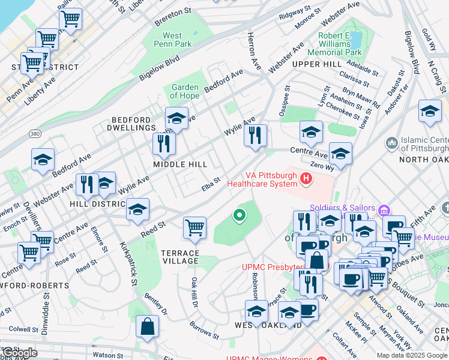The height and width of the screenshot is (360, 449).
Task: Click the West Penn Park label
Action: (172, 40)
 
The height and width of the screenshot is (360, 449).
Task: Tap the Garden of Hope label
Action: (184, 91)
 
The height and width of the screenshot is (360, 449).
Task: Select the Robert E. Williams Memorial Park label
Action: (340, 44)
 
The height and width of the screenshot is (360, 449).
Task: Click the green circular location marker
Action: (240, 214)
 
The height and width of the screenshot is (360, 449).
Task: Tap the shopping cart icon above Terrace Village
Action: (194, 228)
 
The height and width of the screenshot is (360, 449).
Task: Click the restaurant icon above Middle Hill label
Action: (163, 143)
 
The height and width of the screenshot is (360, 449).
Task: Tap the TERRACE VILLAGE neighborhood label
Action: (179, 257)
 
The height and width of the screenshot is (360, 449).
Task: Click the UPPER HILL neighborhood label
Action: (313, 64)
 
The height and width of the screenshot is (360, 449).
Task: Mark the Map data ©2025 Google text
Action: (412, 355)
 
